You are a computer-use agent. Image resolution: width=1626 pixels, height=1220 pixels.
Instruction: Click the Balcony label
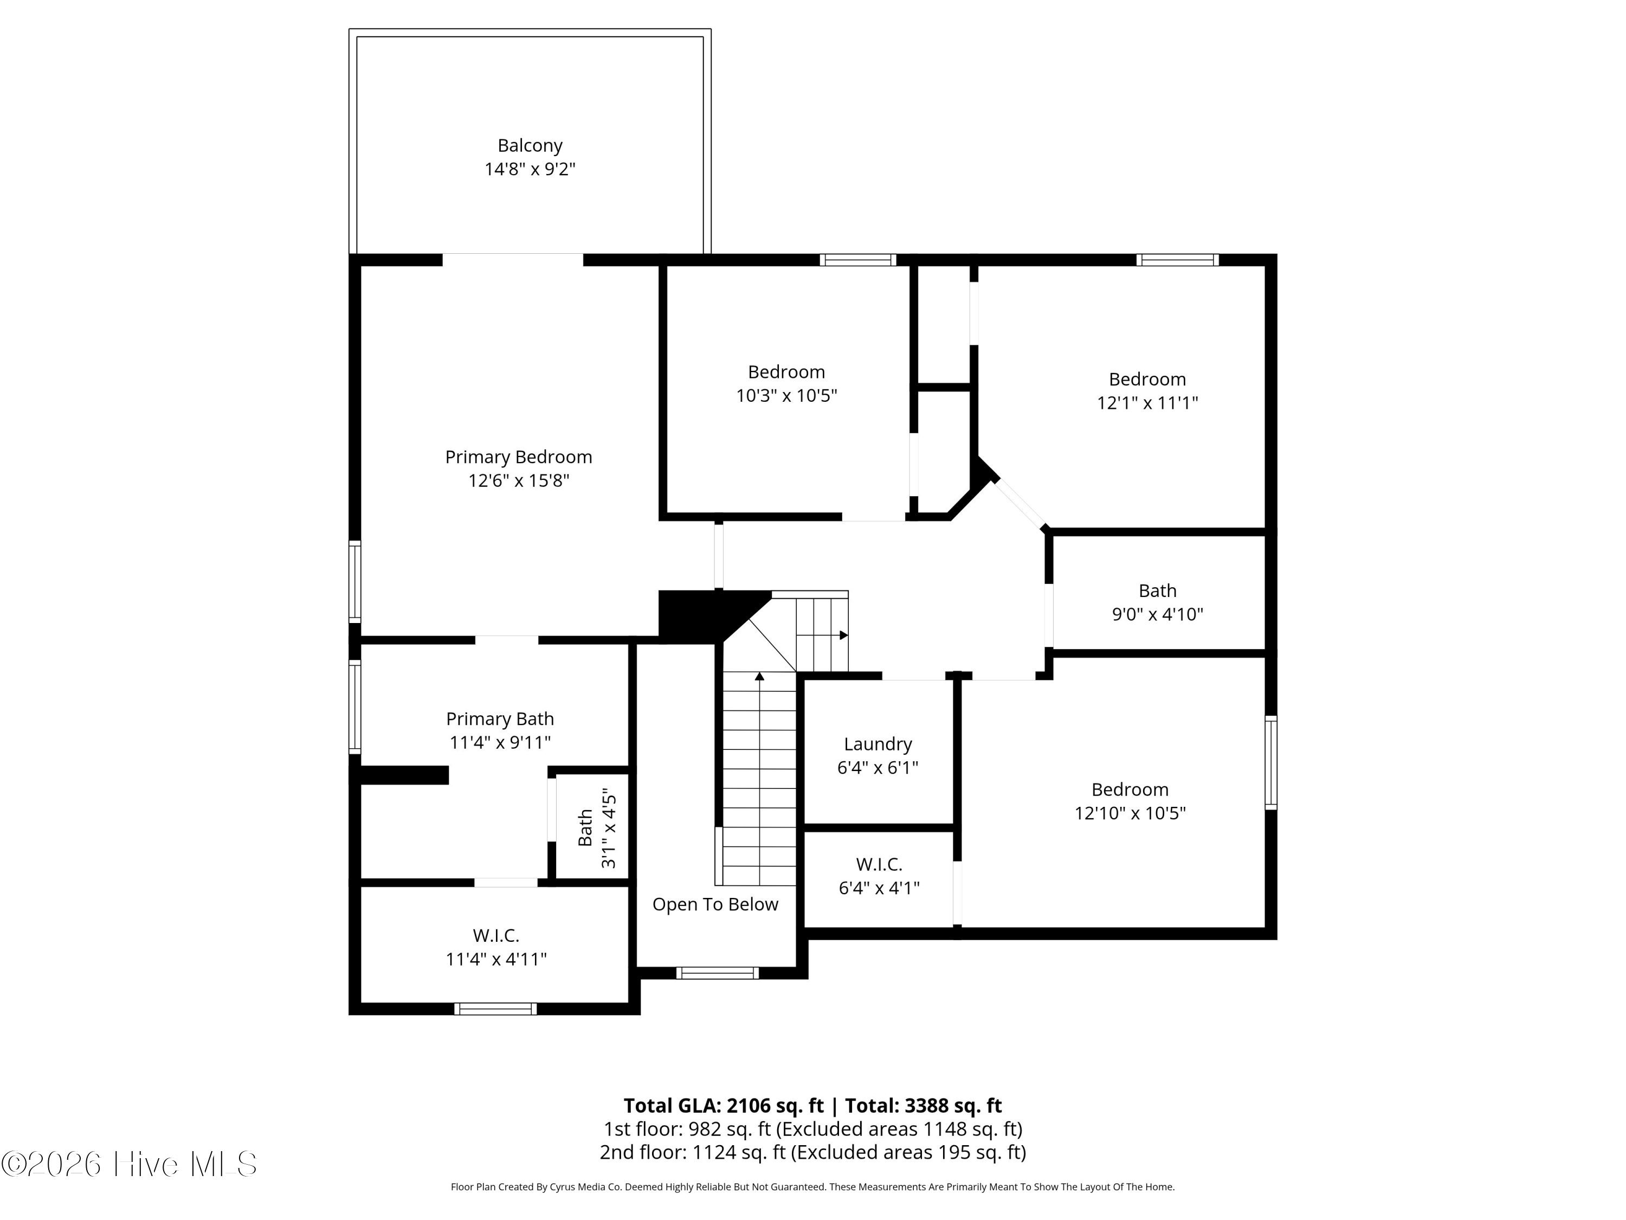click(x=530, y=146)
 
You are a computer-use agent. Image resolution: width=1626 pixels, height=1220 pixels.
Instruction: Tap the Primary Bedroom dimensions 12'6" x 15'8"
click(x=519, y=481)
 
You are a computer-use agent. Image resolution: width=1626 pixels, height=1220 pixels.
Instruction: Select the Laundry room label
click(x=877, y=744)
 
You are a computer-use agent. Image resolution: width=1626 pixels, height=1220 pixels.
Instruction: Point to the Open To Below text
click(x=715, y=904)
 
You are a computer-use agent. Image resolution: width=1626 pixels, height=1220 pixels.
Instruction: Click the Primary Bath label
click(x=500, y=718)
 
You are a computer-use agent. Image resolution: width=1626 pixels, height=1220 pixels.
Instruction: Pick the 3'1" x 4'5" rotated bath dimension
click(x=609, y=828)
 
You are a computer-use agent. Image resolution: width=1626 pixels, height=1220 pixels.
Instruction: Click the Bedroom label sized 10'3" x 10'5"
click(x=786, y=372)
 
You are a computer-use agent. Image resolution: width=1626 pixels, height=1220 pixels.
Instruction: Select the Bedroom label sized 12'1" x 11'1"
click(x=1147, y=380)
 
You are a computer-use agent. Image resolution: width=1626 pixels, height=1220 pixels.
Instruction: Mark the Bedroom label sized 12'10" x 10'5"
click(x=1130, y=790)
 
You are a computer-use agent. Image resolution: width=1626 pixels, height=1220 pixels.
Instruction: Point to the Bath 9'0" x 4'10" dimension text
click(x=1158, y=614)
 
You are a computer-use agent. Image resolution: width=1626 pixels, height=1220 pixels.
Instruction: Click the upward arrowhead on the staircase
click(x=759, y=676)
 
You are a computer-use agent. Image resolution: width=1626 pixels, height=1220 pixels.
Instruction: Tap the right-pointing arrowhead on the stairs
click(x=844, y=634)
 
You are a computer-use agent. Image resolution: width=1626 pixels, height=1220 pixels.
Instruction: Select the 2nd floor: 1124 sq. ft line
click(x=813, y=1152)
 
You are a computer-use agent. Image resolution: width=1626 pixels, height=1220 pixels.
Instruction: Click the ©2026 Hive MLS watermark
click(x=128, y=1164)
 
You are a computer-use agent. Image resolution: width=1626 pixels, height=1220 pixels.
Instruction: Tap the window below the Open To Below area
click(x=718, y=973)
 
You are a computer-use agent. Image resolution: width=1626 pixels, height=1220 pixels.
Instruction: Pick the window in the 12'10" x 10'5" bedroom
click(x=1271, y=762)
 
